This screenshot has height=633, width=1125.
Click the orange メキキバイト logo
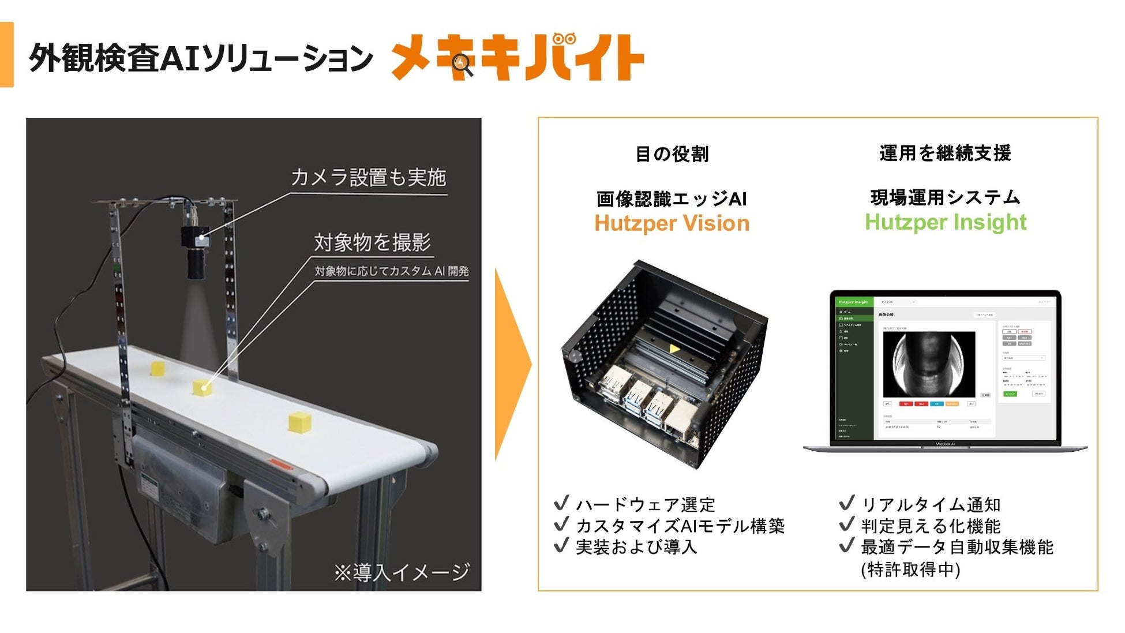coord(517,58)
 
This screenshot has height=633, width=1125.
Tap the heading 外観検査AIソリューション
coord(201,59)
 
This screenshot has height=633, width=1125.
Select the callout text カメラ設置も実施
coord(368,177)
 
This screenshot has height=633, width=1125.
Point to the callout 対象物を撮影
coord(372,242)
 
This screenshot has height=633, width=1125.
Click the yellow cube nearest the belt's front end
coord(300,421)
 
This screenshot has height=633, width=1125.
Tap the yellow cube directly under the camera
coord(202,387)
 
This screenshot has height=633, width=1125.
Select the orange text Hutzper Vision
coord(672,223)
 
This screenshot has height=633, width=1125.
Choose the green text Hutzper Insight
coord(946,222)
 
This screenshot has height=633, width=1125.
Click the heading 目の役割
coord(672,154)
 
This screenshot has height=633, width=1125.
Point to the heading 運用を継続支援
coord(945,153)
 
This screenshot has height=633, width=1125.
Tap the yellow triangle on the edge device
coord(674,349)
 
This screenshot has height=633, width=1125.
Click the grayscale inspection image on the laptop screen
coord(929,364)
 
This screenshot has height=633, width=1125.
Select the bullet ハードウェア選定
coord(645,505)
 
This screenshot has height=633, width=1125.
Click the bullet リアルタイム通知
coord(931,505)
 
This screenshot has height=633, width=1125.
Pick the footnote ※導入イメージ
coord(402,572)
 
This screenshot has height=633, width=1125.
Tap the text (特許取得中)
coord(910,570)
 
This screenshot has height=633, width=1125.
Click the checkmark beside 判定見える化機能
coord(846,525)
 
